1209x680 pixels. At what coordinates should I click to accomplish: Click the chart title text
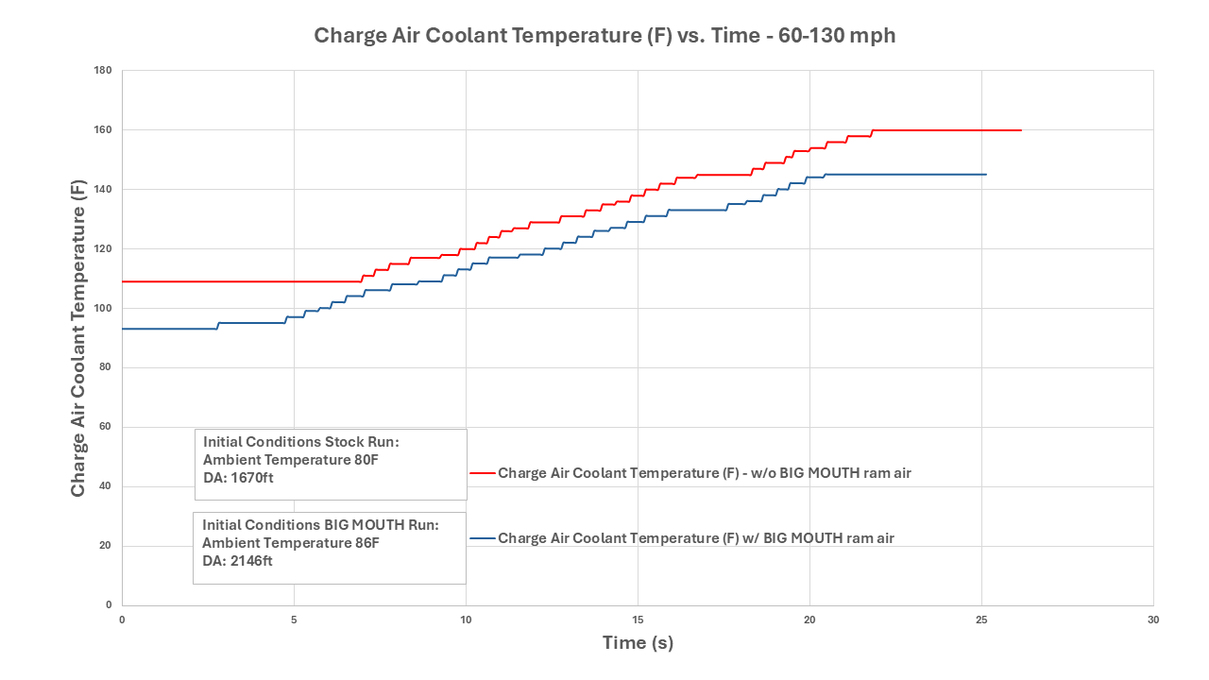click(604, 36)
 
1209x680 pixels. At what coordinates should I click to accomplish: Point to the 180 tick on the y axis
click(104, 71)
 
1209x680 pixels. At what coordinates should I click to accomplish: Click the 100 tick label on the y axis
click(104, 309)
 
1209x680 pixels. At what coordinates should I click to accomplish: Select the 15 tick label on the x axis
click(638, 620)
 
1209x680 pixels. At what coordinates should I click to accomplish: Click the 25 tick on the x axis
click(981, 620)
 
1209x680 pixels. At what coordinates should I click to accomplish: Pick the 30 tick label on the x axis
click(1153, 620)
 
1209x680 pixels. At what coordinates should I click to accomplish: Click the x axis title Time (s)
click(638, 643)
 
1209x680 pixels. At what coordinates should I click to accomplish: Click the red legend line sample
click(482, 472)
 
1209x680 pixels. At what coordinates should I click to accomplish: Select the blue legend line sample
click(482, 538)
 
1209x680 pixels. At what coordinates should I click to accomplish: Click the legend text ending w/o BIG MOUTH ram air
click(705, 473)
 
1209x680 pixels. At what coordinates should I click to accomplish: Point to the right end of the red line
click(1021, 130)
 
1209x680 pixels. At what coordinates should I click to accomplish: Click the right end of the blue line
click(986, 175)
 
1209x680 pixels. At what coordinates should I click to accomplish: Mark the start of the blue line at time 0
click(123, 329)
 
